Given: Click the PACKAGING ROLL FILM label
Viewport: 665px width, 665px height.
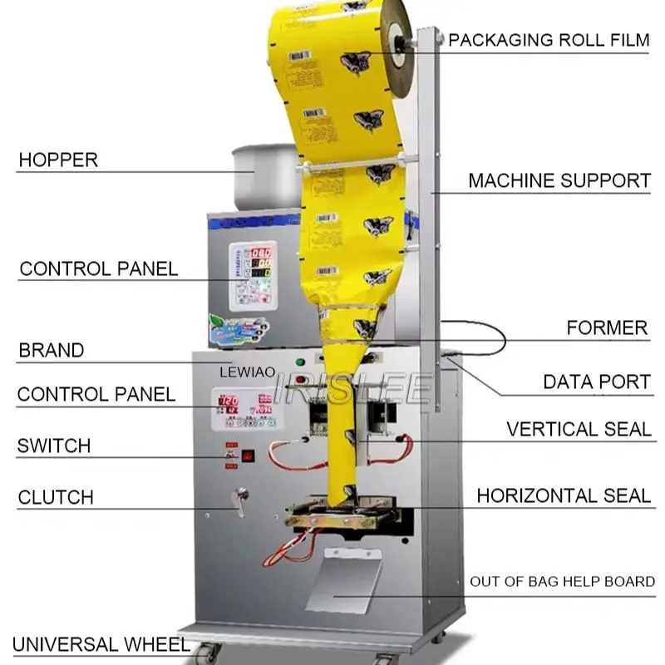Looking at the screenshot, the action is click(549, 40).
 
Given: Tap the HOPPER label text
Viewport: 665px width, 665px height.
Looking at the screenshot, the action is click(58, 160).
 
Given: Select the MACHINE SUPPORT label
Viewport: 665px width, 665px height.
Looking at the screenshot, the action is click(559, 180).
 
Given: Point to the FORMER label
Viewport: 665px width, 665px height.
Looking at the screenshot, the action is click(607, 328).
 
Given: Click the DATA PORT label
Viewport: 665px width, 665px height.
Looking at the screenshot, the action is click(596, 382).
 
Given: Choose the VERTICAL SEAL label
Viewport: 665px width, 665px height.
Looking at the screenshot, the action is click(579, 429).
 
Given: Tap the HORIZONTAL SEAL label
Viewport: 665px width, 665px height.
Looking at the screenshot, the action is click(563, 496).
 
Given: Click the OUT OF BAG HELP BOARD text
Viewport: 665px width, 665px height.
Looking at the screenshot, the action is click(562, 582).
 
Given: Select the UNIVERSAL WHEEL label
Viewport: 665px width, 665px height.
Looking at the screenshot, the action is click(89, 644).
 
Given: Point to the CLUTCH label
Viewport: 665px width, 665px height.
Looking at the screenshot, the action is click(56, 498).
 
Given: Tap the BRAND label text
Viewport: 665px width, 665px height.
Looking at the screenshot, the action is click(51, 351).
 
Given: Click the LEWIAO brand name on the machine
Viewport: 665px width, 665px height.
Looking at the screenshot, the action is click(247, 374).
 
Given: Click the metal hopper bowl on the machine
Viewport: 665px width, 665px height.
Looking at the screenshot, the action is click(265, 176).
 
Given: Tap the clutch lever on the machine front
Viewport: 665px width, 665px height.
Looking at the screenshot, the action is click(241, 500).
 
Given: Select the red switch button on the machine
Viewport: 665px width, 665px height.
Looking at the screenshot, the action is click(247, 456).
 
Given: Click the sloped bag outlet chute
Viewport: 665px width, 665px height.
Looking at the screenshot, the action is click(343, 581).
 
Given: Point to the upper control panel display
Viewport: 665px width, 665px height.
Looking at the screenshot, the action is click(253, 275).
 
